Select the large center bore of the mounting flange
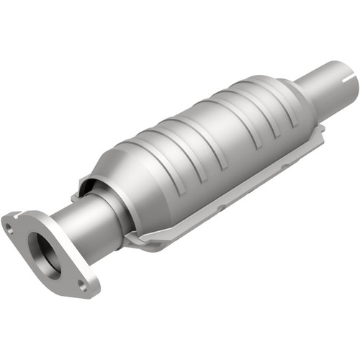(48, 255)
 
